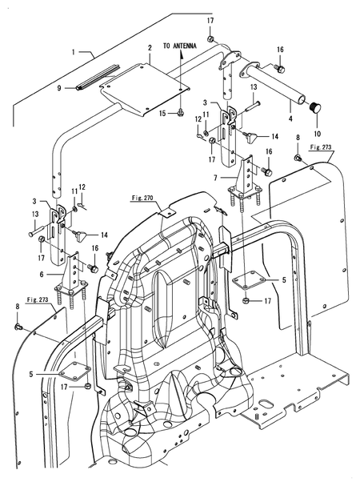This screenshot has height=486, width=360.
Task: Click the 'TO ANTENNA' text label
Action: (x=180, y=46)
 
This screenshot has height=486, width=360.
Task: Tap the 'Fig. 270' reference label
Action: (x=142, y=198)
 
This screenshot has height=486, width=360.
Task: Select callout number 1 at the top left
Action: (x=74, y=52)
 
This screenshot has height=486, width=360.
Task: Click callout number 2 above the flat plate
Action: (x=150, y=48)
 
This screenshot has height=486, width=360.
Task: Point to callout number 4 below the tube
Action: (x=290, y=118)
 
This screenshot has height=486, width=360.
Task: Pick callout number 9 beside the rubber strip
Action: (x=59, y=88)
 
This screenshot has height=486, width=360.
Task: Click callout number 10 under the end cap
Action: (x=318, y=134)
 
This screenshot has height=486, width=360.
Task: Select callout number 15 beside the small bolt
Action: (x=163, y=114)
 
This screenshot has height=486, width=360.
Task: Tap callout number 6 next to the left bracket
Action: (x=42, y=275)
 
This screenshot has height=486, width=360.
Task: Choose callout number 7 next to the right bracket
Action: (x=216, y=178)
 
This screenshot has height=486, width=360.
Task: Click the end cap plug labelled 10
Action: (x=316, y=109)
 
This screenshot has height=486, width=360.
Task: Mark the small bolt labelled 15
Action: (x=180, y=113)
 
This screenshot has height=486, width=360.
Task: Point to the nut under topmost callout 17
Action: (x=210, y=39)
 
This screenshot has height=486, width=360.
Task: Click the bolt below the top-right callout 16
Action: (x=281, y=69)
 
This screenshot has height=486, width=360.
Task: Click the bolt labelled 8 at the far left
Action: (x=18, y=327)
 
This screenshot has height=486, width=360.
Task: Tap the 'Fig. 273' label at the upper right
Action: (x=321, y=147)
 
